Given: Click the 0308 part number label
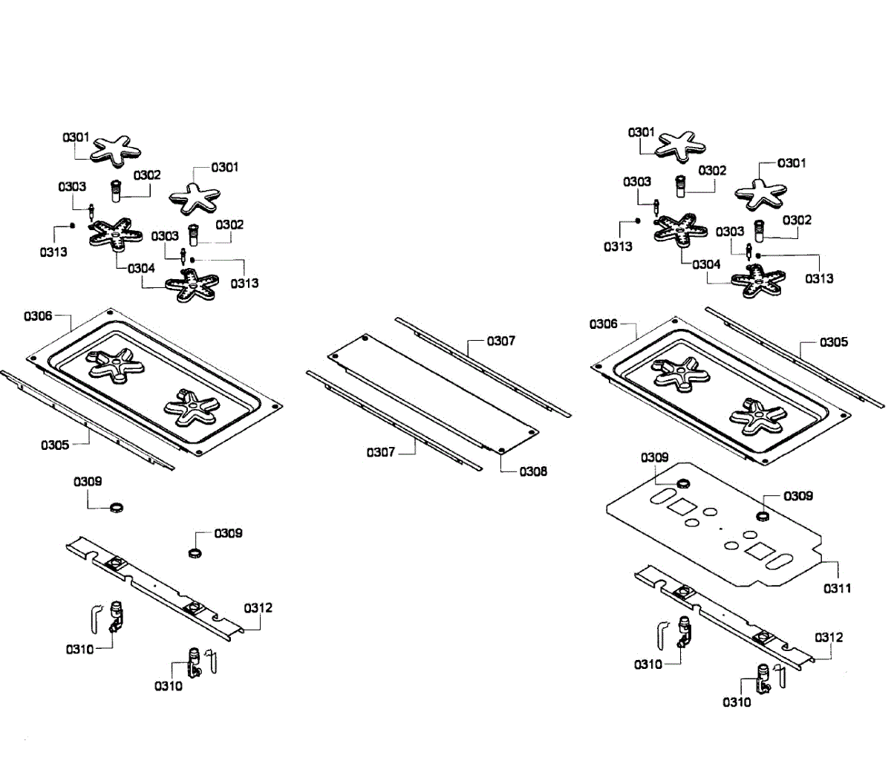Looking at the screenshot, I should point(532,471).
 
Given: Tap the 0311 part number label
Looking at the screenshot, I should point(837,588).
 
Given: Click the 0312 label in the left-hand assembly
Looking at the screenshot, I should point(258,608).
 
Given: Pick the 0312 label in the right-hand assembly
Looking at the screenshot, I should point(829,638).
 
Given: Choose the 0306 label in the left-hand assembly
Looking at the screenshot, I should point(38,316).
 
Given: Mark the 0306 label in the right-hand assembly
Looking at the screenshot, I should point(604,324).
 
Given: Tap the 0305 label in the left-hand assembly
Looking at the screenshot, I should point(55,445).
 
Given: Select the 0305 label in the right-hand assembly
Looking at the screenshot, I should point(833,342).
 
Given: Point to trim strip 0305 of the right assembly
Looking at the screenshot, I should point(794,356).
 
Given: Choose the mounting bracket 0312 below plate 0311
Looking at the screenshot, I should point(724,615).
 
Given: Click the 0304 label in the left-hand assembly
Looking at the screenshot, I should point(141,269).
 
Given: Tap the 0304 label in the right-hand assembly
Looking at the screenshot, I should point(706,264).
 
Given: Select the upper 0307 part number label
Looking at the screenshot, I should point(500,341).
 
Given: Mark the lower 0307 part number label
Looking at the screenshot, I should point(380,451).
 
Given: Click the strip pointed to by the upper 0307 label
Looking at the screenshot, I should point(483,366).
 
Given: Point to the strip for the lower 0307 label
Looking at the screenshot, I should point(394,419).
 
